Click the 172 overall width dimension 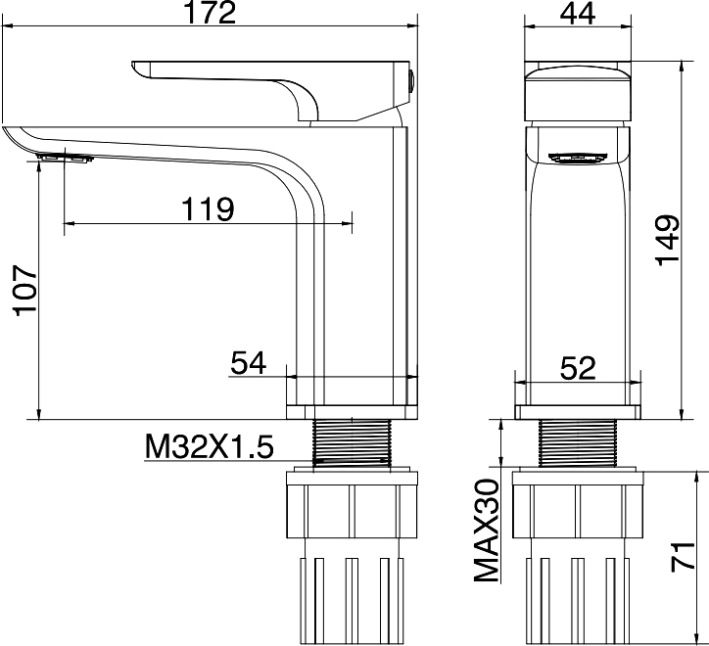[211, 13]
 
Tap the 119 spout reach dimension [208, 208]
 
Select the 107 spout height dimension [25, 291]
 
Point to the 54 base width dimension [248, 363]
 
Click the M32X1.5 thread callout [210, 446]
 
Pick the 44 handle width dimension [578, 13]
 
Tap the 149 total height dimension [668, 241]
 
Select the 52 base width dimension [578, 367]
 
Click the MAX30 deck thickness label [487, 530]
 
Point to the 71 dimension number [683, 557]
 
